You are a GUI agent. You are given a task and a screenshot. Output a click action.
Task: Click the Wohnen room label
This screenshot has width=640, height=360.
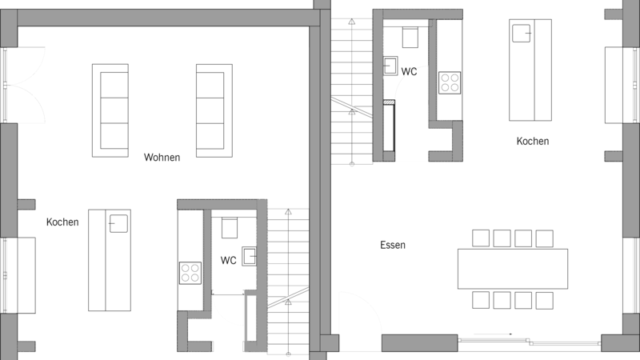162,157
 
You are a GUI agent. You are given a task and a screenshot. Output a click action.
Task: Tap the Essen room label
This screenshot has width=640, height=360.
393,245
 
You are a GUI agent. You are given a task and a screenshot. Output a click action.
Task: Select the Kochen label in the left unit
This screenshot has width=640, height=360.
62,222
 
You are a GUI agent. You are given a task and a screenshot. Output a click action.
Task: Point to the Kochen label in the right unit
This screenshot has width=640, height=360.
533,142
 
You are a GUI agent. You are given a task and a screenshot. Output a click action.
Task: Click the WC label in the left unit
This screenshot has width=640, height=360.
228,261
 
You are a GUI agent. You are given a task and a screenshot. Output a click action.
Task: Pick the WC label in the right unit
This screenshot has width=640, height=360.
409,71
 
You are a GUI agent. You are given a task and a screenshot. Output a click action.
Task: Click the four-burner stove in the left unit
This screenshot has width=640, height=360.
190,273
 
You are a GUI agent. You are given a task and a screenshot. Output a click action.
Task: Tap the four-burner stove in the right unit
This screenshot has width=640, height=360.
450,83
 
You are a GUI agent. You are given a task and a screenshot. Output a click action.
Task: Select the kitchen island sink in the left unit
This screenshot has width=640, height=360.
118,224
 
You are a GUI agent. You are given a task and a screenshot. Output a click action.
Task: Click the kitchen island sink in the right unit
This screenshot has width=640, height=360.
522,33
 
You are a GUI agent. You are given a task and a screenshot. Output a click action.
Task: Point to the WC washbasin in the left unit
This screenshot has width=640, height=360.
250,256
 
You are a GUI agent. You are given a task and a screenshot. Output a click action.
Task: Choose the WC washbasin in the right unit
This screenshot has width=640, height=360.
390,66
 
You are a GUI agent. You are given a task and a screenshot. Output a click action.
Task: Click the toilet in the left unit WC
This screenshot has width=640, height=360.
230,228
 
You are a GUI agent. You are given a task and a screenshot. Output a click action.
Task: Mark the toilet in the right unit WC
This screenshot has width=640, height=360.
410,38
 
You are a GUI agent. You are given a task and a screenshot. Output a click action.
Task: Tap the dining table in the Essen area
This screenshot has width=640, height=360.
513,269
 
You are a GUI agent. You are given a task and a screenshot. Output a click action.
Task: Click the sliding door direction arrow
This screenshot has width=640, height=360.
493,334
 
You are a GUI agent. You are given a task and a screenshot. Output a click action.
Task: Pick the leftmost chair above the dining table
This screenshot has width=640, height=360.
481,238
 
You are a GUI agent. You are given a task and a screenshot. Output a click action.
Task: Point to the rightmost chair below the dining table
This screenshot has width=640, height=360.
545,300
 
